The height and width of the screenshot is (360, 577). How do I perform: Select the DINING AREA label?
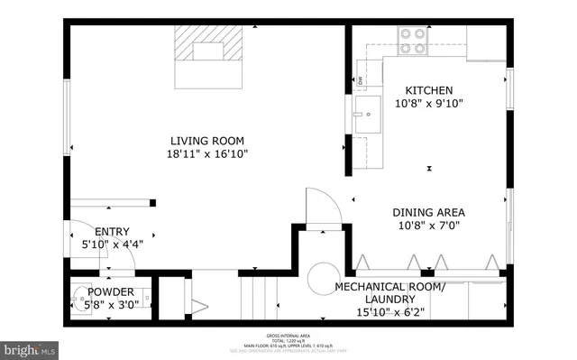point(428,213)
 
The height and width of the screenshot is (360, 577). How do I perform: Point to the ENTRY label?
point(112,231)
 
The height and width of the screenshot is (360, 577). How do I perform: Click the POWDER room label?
point(111,292)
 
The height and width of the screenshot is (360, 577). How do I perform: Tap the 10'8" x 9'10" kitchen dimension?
point(428,103)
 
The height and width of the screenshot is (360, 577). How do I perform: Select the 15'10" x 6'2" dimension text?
point(389,312)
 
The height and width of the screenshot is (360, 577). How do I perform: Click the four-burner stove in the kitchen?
point(413,41)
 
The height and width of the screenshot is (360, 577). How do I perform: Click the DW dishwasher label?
point(360,80)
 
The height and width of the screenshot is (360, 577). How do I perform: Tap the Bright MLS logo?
point(32,347)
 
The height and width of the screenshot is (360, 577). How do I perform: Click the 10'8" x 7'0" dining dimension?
point(428,226)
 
